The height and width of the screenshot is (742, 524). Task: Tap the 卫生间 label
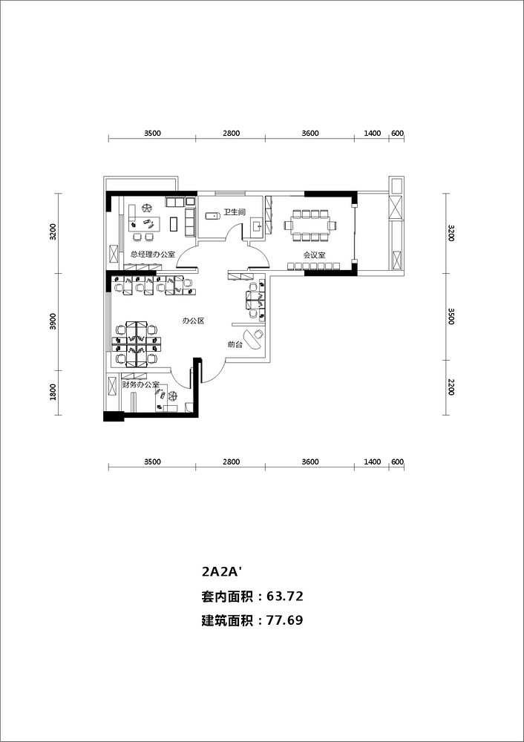tap(235, 212)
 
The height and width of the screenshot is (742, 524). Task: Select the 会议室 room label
tap(314, 255)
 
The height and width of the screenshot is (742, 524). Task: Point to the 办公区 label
tap(193, 321)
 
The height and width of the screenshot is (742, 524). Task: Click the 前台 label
tap(235, 345)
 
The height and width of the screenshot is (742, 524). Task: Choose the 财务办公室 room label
tap(140, 385)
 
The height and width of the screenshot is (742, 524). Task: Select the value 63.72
tap(285, 597)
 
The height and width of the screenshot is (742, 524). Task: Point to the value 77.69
tap(285, 620)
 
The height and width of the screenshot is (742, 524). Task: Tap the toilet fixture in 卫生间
tap(213, 216)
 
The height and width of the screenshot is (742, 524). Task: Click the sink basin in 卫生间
tap(258, 226)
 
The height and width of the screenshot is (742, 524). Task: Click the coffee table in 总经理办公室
tap(174, 224)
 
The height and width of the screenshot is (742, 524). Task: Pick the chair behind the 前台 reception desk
tap(258, 335)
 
